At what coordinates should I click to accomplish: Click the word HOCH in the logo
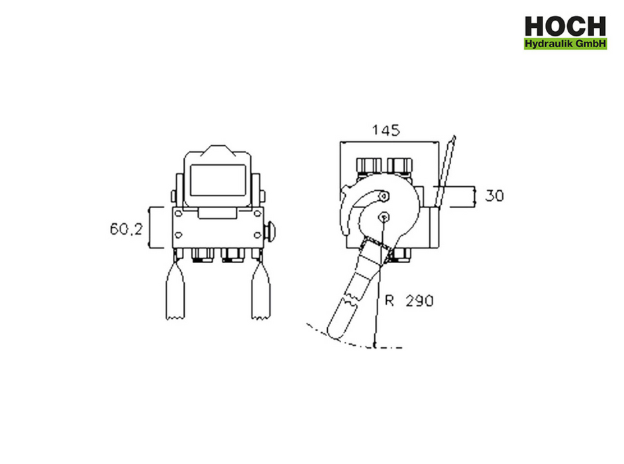pos(565,27)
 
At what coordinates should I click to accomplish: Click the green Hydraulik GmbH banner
pos(565,43)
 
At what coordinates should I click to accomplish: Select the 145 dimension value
pos(386,130)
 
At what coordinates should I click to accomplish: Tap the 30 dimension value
pos(494,196)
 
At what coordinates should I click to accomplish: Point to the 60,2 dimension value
pos(126,229)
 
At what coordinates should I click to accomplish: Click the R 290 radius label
pos(409,301)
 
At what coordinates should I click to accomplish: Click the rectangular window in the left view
pos(218,180)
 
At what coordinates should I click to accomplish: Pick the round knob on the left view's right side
pos(272,231)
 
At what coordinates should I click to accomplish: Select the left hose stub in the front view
pos(175,290)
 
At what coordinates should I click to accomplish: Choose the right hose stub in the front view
pos(261,290)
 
